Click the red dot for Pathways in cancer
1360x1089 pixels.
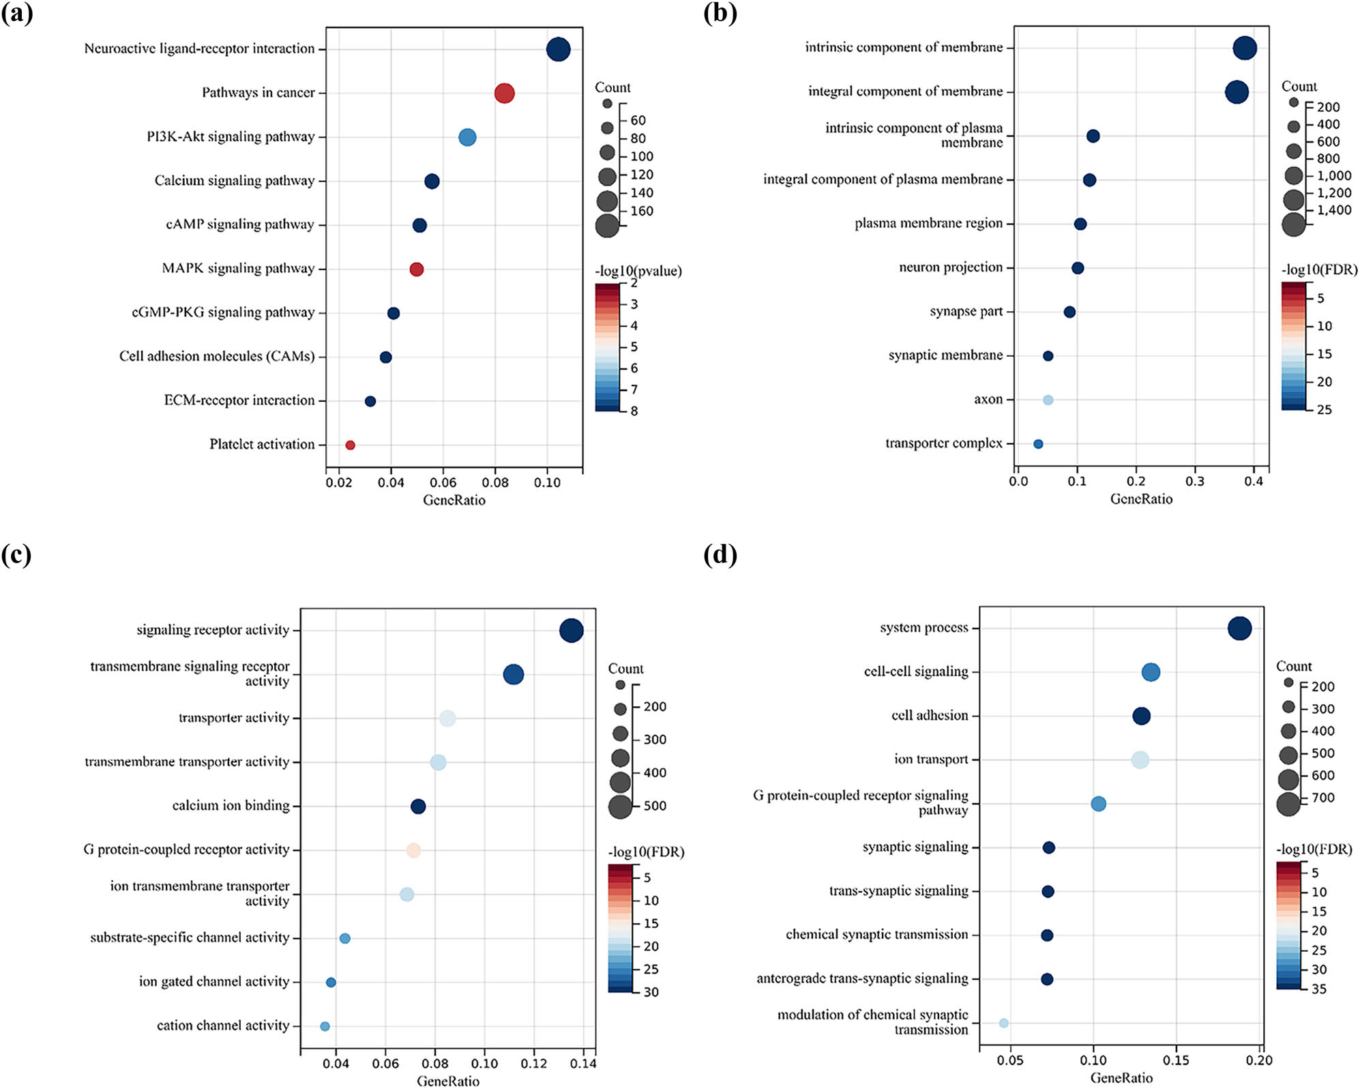point(503,93)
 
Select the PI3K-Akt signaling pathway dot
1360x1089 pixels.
point(467,137)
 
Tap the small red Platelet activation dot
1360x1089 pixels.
point(350,445)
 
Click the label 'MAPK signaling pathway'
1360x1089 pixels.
point(238,268)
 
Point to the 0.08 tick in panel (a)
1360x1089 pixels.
point(495,482)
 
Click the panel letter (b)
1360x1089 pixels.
point(720,13)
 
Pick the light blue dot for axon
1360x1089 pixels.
point(1048,400)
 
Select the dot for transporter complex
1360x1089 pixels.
point(1038,444)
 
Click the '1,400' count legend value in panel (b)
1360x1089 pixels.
point(1333,210)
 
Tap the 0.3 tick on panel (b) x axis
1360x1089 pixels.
point(1195,481)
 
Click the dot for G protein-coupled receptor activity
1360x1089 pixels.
point(413,850)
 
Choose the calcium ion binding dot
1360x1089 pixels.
point(418,807)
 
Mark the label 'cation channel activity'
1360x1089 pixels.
point(223,1026)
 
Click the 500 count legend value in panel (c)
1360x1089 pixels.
point(655,806)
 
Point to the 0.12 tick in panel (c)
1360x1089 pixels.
point(534,1064)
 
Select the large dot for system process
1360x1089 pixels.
point(1239,628)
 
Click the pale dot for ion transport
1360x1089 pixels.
point(1140,759)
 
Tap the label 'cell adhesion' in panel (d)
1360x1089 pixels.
point(930,716)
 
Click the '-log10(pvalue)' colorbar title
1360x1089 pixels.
point(638,271)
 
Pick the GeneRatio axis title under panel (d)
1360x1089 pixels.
point(1121,1078)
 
